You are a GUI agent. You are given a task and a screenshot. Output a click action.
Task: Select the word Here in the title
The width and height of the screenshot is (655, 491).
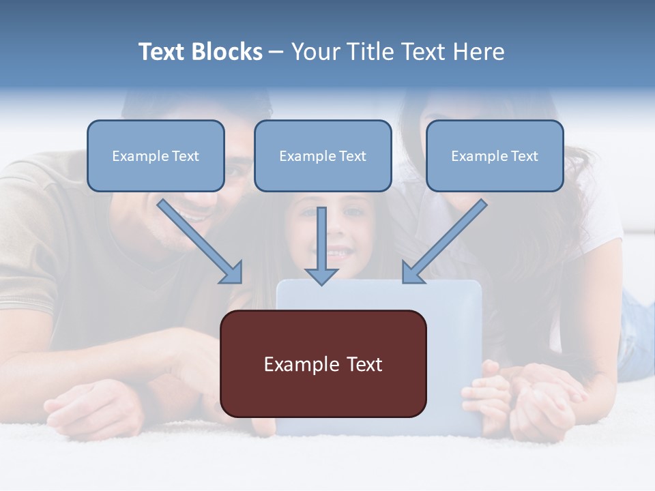click(479, 51)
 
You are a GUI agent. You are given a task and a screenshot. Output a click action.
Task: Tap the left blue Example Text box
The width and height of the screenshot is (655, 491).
click(156, 155)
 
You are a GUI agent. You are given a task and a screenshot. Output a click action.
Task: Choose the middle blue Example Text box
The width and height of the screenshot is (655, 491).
click(323, 155)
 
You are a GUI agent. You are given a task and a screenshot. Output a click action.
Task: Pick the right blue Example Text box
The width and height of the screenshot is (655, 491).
click(495, 155)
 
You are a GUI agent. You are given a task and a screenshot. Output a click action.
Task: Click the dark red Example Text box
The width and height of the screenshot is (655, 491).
click(323, 363)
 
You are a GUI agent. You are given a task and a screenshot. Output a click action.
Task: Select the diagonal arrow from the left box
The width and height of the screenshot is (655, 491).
click(200, 241)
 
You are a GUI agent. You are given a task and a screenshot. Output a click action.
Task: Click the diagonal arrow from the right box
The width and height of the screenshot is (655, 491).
click(444, 241)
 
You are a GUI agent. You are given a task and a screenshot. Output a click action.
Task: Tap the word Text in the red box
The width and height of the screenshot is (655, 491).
click(364, 364)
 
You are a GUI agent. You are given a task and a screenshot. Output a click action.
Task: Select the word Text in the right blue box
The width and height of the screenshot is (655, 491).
click(525, 156)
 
